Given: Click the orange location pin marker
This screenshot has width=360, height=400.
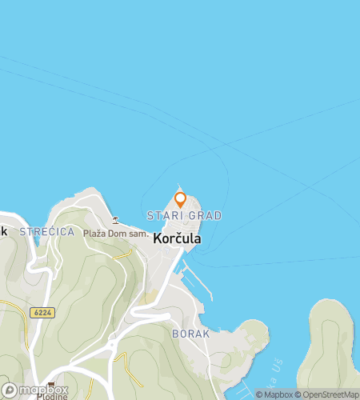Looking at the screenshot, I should click(180, 199).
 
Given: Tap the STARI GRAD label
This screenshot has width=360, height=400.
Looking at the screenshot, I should click(184, 216).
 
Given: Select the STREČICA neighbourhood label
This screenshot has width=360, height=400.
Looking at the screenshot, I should click(47, 232).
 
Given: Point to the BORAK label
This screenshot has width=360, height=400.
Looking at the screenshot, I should click(190, 333).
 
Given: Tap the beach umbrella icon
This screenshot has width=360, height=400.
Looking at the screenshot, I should click(115, 220).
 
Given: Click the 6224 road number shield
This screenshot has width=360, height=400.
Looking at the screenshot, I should click(44, 313).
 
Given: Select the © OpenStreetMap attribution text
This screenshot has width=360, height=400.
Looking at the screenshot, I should click(326, 394).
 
